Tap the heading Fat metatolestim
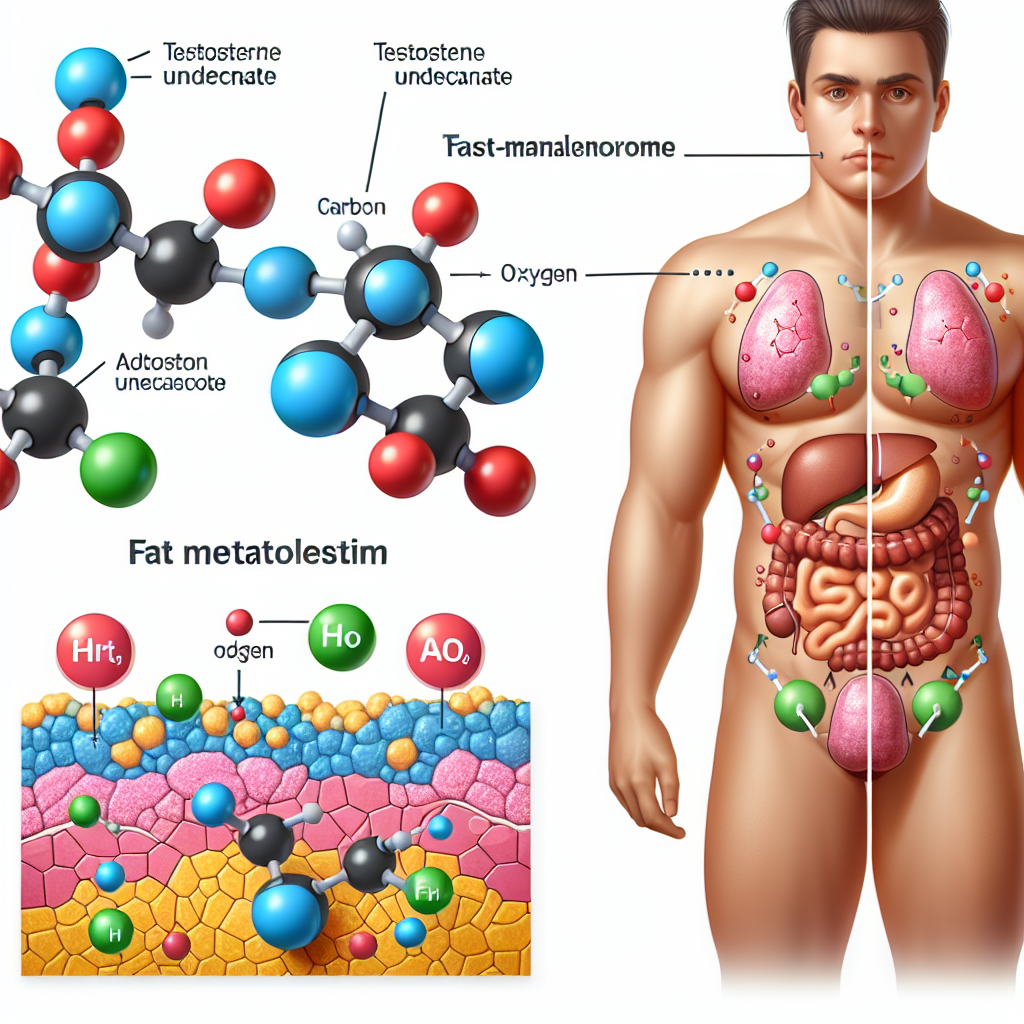tap(257, 552)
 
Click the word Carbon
tap(351, 208)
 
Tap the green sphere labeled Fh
tap(427, 886)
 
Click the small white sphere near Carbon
tap(352, 236)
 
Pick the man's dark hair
tap(866, 29)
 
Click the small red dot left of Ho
tap(238, 623)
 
